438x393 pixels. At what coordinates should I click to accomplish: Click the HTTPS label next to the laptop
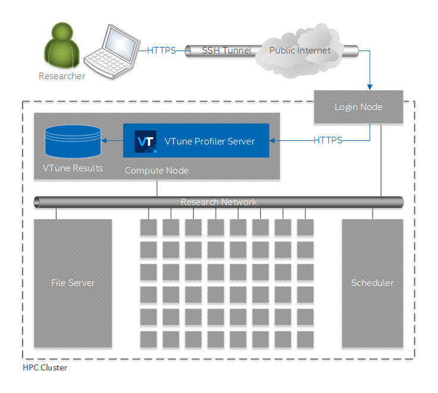pyautogui.click(x=162, y=51)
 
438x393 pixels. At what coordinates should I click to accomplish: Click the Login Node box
pyautogui.click(x=358, y=107)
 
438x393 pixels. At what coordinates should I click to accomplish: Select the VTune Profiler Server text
pyautogui.click(x=209, y=141)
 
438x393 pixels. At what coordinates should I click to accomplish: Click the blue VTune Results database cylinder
pyautogui.click(x=73, y=142)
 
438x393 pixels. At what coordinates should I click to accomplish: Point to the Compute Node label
pyautogui.click(x=156, y=171)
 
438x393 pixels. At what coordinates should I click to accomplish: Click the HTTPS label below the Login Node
pyautogui.click(x=328, y=140)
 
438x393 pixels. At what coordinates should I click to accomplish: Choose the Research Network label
pyautogui.click(x=219, y=202)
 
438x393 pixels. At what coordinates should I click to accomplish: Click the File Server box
pyautogui.click(x=73, y=283)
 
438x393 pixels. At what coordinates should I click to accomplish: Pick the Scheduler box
pyautogui.click(x=372, y=283)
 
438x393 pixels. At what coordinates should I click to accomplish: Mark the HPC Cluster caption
pyautogui.click(x=45, y=368)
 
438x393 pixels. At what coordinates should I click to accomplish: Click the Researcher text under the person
pyautogui.click(x=62, y=76)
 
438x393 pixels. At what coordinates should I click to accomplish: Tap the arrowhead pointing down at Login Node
pyautogui.click(x=370, y=86)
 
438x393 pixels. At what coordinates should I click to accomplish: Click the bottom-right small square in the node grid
pyautogui.click(x=305, y=339)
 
